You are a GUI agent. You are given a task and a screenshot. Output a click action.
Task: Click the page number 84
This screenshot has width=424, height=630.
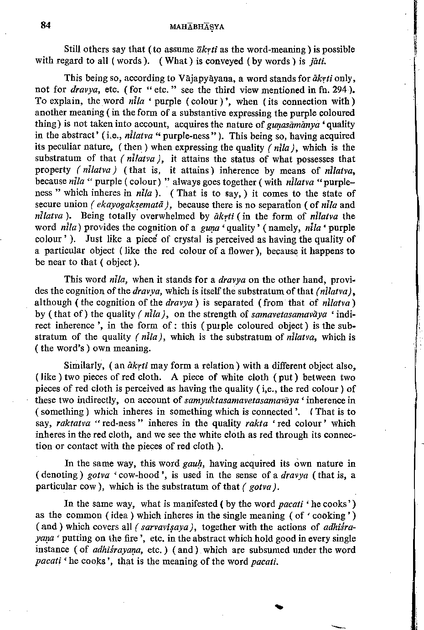click(x=45, y=26)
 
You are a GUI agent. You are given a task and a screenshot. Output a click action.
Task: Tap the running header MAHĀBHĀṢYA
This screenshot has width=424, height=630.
click(x=196, y=27)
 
